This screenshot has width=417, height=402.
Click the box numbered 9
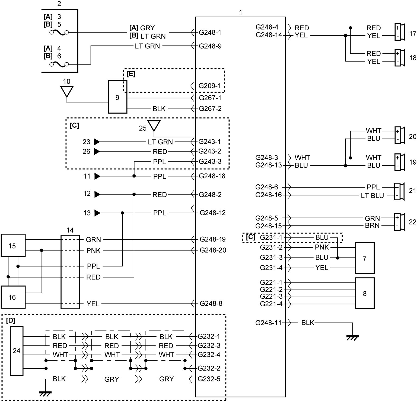coord(117,97)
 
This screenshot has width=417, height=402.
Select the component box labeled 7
coord(365,258)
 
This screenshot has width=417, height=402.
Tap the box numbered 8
coord(365,293)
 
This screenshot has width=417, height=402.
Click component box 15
coord(13,245)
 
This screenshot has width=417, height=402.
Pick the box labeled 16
coord(13,297)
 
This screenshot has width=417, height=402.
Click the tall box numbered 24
coord(17,351)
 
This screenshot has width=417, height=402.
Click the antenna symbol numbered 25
coord(154,126)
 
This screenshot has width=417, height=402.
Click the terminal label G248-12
coord(213,213)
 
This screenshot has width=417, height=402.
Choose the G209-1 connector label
coord(210,86)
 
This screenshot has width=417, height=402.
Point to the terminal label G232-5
coord(209,379)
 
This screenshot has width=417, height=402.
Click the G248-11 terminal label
coord(268,323)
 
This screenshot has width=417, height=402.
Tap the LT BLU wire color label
coord(372,196)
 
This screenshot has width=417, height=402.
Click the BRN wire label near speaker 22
coord(372,226)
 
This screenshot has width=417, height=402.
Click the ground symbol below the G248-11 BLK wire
coord(352,338)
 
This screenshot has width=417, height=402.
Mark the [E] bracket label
coord(131,74)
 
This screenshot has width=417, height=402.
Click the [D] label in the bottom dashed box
coord(11,320)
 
